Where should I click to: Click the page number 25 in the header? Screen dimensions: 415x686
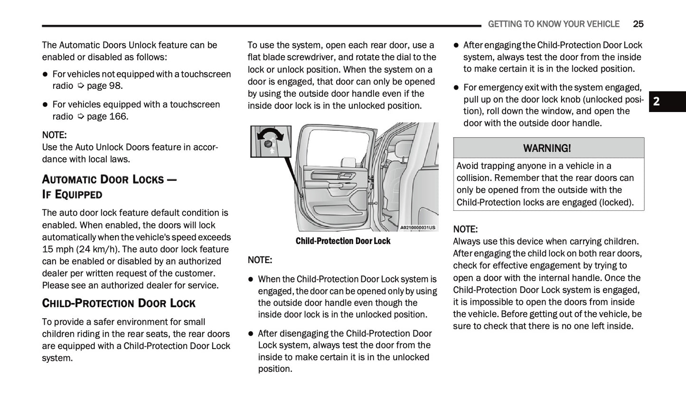pos(638,24)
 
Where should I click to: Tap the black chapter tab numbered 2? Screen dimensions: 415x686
pos(667,101)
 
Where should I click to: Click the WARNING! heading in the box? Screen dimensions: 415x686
pos(547,148)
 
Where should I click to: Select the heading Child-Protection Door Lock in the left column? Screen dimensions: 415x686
pos(119,303)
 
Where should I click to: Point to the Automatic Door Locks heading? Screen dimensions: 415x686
pos(109,179)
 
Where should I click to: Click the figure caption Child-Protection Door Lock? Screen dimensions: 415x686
pos(343,241)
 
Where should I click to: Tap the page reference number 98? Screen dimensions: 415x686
pos(115,86)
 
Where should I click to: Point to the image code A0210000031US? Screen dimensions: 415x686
pos(417,228)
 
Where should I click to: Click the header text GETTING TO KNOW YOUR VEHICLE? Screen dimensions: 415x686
pos(554,24)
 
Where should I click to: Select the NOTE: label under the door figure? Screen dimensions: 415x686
pos(260,260)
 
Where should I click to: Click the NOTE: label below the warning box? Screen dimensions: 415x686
pos(465,229)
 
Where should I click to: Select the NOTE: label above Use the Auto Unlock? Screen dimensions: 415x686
pos(54,135)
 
